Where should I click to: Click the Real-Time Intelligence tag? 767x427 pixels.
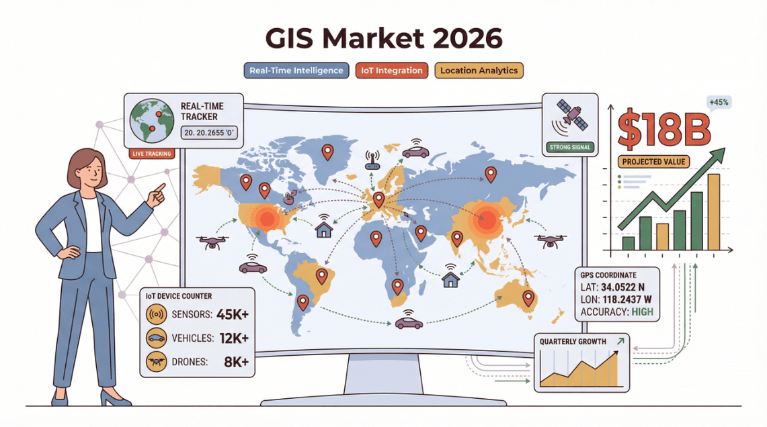[x=296, y=70]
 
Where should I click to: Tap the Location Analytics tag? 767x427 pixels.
[x=479, y=70]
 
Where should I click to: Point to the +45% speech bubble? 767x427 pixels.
[x=719, y=103]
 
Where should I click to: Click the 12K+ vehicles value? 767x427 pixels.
[x=235, y=338]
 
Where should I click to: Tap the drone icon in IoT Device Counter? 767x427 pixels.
[x=157, y=362]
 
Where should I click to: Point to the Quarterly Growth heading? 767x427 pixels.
[x=573, y=341]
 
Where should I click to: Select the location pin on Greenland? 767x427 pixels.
[x=328, y=152]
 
